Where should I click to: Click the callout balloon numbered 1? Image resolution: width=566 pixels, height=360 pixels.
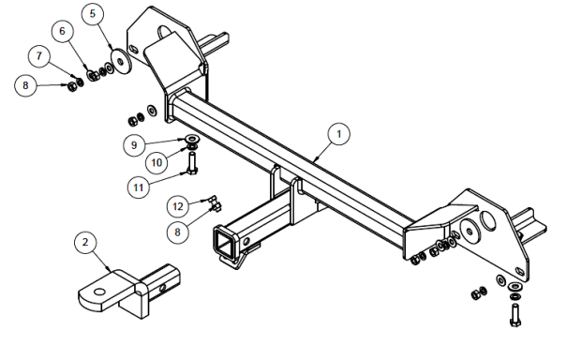(x=338, y=134)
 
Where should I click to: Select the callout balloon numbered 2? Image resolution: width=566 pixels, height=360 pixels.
(x=85, y=242)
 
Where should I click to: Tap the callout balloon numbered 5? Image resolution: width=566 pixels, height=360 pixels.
(x=93, y=14)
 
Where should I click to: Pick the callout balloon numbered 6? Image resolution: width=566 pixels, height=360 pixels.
(x=62, y=31)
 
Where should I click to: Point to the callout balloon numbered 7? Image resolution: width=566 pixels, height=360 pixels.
(x=39, y=55)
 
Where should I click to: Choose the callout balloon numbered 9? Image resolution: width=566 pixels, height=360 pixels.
(x=134, y=145)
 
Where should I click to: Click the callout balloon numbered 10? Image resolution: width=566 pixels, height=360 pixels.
(x=156, y=162)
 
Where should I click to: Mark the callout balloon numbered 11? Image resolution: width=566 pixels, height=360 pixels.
(x=139, y=187)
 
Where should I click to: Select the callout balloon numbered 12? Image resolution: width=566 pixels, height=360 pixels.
(x=178, y=206)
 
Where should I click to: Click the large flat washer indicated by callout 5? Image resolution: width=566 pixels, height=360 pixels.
(x=120, y=61)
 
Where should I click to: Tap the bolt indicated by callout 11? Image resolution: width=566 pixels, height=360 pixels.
(x=192, y=163)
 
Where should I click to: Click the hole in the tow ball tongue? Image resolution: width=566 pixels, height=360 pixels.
(x=100, y=292)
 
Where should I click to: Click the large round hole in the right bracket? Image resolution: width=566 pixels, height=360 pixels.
(x=488, y=220)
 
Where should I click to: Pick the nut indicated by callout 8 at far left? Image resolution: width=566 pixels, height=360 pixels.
(x=72, y=86)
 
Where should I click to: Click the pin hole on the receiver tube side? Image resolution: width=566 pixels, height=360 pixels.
(x=246, y=241)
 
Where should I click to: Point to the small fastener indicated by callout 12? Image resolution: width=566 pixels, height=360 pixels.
(x=213, y=200)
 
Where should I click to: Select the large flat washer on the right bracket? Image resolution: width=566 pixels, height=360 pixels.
(x=470, y=231)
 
